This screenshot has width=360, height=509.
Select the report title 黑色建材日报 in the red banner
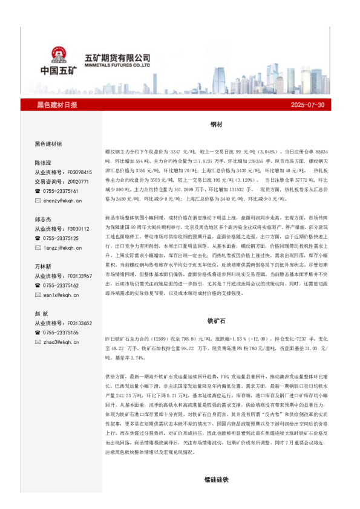coord(57,105)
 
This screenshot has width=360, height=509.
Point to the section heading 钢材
coord(217,124)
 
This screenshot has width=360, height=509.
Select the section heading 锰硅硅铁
coord(217,479)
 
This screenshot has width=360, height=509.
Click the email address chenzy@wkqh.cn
coord(62,200)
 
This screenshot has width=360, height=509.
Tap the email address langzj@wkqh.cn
coord(62,247)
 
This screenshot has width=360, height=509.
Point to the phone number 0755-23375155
coord(62,332)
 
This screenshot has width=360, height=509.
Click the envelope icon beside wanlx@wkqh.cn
coord(38,294)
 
